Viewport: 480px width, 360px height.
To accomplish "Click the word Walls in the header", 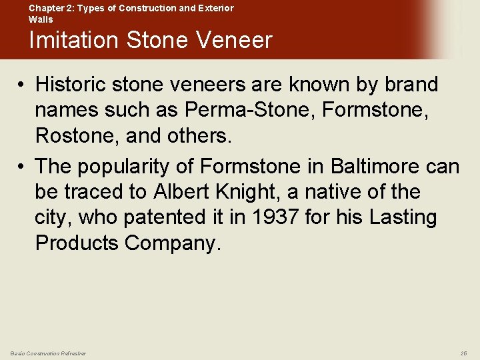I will click(x=40, y=19).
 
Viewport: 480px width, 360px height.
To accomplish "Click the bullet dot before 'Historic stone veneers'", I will click(x=22, y=85).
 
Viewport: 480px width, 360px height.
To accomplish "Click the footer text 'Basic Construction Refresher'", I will click(x=48, y=353).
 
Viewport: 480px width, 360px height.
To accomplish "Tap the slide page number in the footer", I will click(x=464, y=353).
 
